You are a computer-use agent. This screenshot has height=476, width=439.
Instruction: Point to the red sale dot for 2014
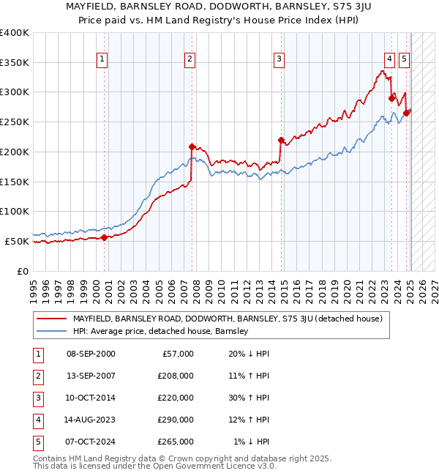[x=281, y=139]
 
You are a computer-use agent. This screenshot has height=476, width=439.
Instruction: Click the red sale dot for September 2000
[x=104, y=237]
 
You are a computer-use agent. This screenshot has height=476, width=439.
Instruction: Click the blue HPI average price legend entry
[x=160, y=331]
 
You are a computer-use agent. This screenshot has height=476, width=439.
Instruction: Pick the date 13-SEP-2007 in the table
[x=91, y=376]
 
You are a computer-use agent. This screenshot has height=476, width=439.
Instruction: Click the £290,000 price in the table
[x=176, y=420]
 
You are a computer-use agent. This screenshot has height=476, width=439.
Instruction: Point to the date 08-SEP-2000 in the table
[x=91, y=354]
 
